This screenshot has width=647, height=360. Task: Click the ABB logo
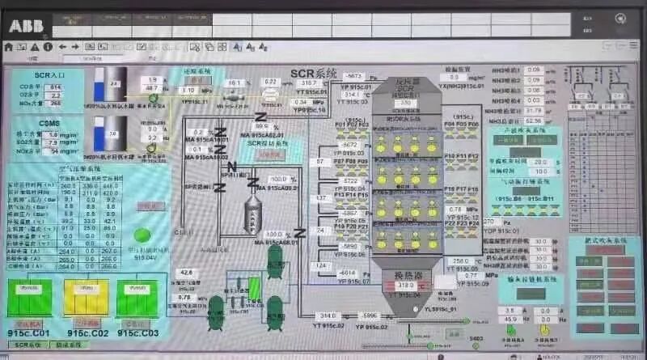(x=27, y=25)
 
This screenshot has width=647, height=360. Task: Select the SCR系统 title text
(x=313, y=73)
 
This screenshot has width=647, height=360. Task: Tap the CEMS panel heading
(x=27, y=123)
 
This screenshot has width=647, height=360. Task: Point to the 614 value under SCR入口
(x=55, y=87)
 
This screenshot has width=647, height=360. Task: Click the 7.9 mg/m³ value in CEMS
(x=50, y=142)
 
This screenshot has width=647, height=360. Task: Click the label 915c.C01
(x=29, y=332)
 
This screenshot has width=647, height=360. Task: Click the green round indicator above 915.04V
(x=142, y=235)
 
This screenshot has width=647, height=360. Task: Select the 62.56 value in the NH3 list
(x=533, y=100)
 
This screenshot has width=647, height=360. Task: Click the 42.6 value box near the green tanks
(x=186, y=272)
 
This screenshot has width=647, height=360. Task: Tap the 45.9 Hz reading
(x=510, y=320)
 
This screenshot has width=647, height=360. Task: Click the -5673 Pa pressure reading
(x=354, y=76)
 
